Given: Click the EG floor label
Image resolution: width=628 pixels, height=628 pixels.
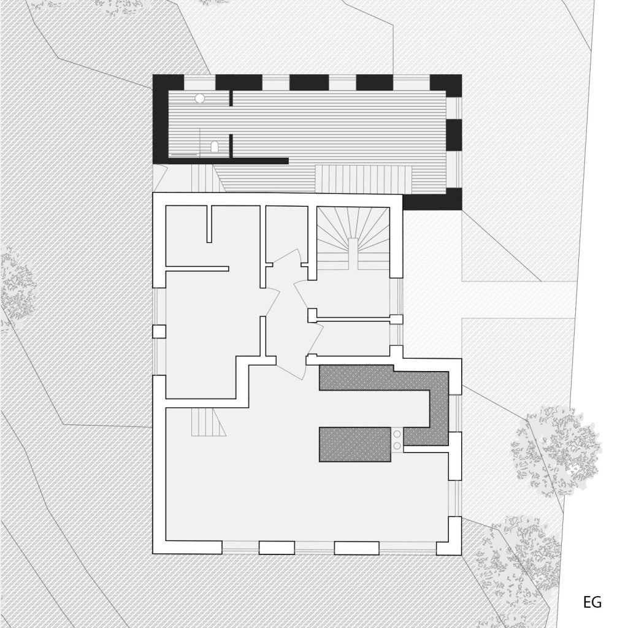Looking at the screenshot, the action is click(x=592, y=602).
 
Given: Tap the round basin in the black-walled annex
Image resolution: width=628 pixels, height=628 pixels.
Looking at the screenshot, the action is click(x=200, y=98).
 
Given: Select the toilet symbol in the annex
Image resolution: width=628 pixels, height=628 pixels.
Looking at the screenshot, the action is click(x=215, y=147).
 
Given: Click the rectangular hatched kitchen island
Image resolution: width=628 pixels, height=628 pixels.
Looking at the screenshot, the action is click(x=355, y=445).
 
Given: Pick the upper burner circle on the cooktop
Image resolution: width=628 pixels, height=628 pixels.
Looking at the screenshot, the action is click(x=397, y=434).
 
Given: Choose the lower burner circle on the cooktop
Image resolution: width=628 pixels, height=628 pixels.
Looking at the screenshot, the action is click(x=397, y=445).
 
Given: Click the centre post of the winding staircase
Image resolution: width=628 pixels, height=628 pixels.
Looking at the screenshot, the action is click(x=353, y=254).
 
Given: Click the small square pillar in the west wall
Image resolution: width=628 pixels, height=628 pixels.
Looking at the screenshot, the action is click(x=159, y=332).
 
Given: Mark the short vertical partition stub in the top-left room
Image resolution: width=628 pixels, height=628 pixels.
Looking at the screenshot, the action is click(x=209, y=224).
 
